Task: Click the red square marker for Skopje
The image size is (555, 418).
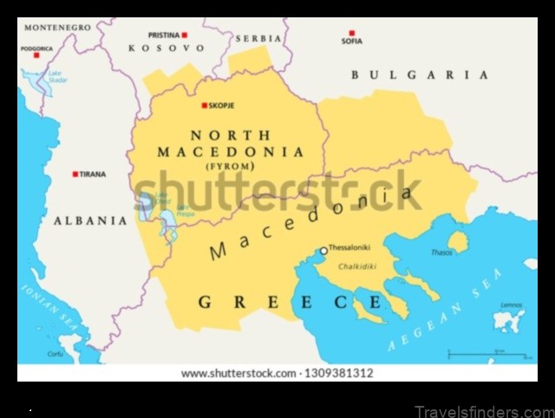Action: [205, 106]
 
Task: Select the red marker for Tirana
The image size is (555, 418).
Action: [75, 174]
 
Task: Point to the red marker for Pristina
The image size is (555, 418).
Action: [185, 35]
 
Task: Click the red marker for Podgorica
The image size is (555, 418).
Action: [36, 56]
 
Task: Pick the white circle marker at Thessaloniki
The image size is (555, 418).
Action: [323, 251]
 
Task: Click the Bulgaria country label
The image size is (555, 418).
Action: [419, 75]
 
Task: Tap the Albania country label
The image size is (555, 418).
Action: [90, 221]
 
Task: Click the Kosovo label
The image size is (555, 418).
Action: [166, 49]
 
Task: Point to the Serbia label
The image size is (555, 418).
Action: [258, 39]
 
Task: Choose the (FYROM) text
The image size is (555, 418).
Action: [231, 166]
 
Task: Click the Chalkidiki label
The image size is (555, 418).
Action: [357, 267]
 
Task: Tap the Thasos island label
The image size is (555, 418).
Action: [441, 252]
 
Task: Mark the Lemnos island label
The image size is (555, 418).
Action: [511, 304]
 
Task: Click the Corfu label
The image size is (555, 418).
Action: [55, 354]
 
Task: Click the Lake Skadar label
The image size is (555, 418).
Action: [58, 77]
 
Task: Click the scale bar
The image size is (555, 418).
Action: [486, 354]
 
